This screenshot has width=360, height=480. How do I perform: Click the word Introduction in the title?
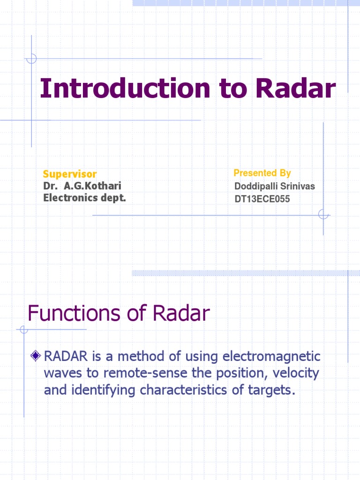[x=118, y=89]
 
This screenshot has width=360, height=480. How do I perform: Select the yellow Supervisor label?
[x=70, y=174]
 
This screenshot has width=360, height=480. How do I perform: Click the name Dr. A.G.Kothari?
[x=82, y=186]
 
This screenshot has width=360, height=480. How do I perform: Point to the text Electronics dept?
[x=85, y=198]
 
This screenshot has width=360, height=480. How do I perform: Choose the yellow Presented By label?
[x=262, y=173]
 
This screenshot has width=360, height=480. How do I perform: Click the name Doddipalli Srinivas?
[x=275, y=187]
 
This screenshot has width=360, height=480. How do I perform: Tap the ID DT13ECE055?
[x=262, y=199]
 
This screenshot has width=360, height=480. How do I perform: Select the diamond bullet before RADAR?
[x=35, y=357]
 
